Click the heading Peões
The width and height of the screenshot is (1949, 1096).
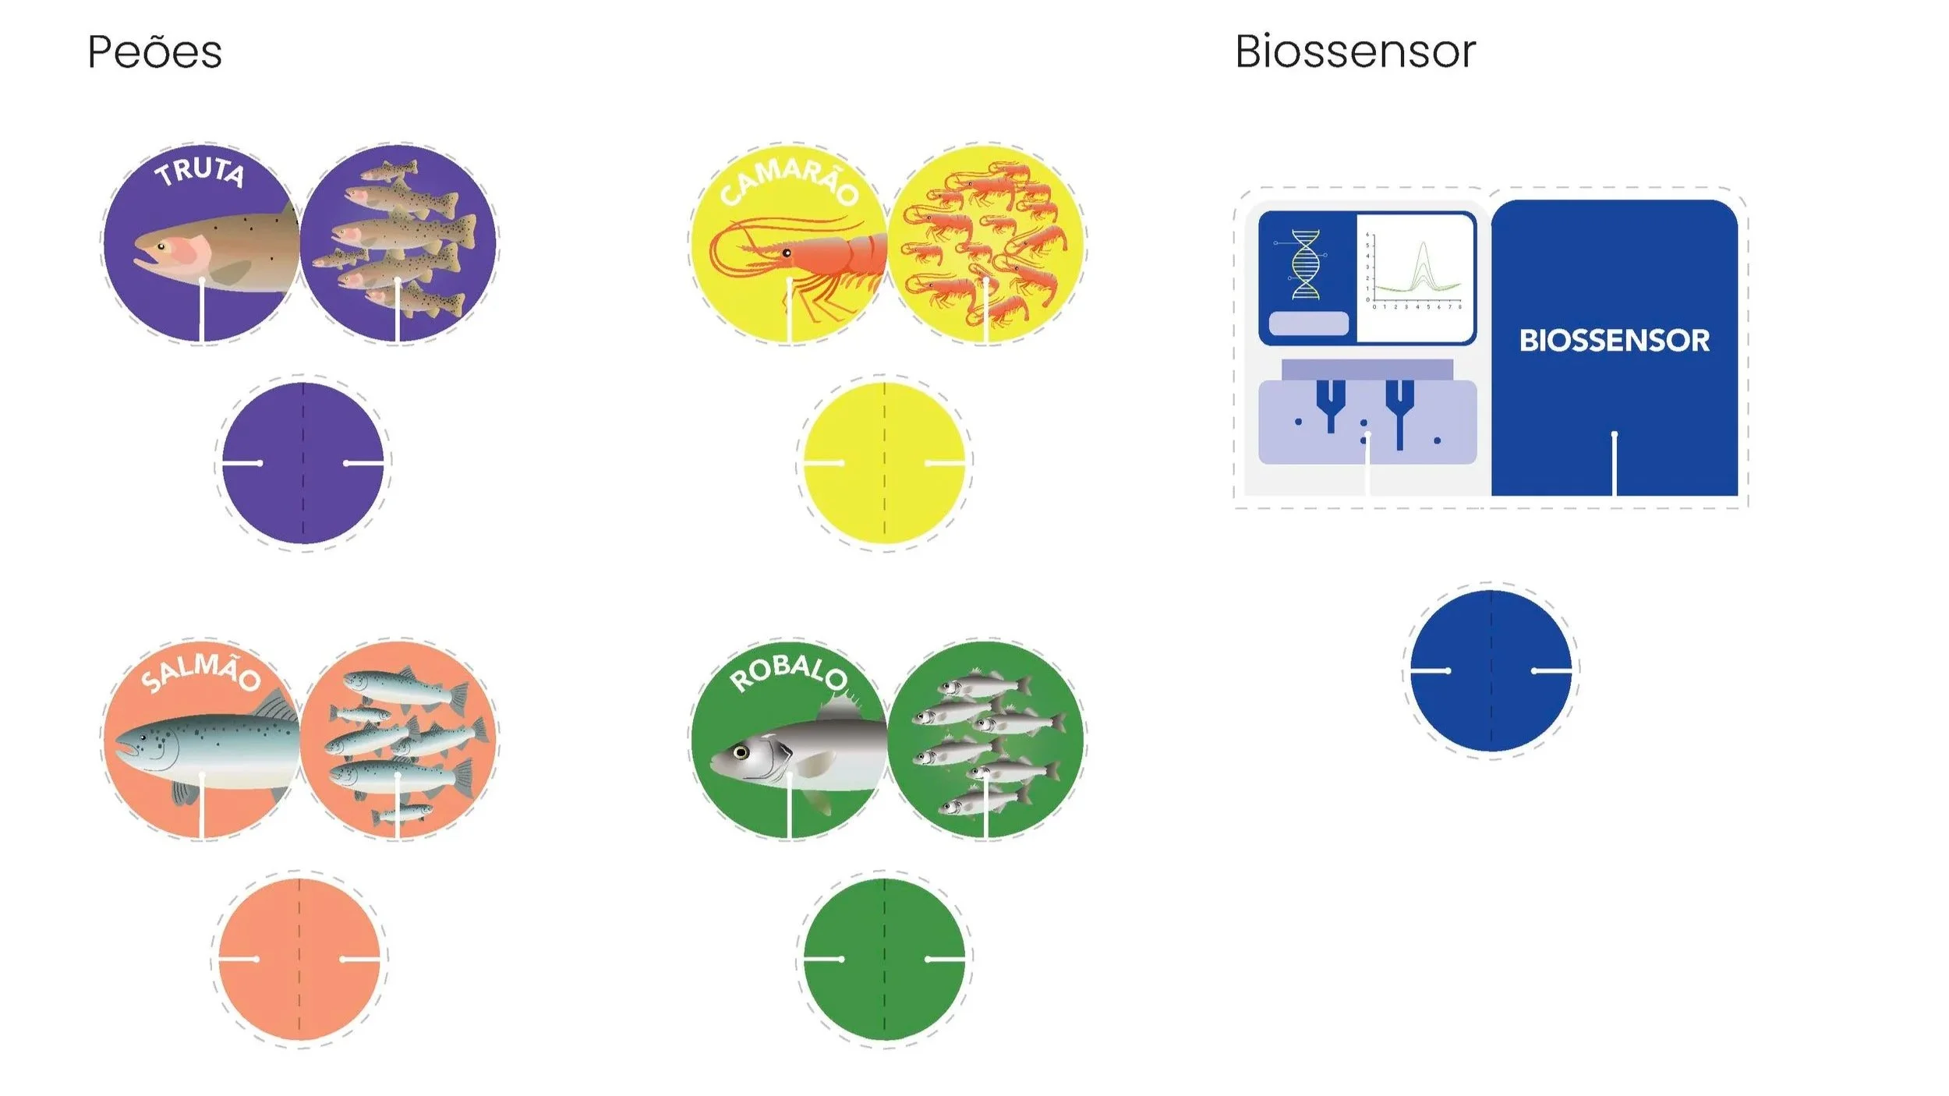point(154,53)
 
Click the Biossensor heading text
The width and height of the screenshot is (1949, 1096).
point(1355,53)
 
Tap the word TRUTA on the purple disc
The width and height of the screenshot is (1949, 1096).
point(200,171)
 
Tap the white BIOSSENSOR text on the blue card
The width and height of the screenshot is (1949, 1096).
point(1614,341)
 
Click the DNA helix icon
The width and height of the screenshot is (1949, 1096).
point(1306,264)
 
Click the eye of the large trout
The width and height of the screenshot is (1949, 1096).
point(161,247)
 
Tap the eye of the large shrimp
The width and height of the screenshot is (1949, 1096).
point(787,253)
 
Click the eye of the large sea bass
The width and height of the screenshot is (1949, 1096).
point(741,752)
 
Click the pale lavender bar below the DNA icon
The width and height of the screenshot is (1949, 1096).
point(1308,323)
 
